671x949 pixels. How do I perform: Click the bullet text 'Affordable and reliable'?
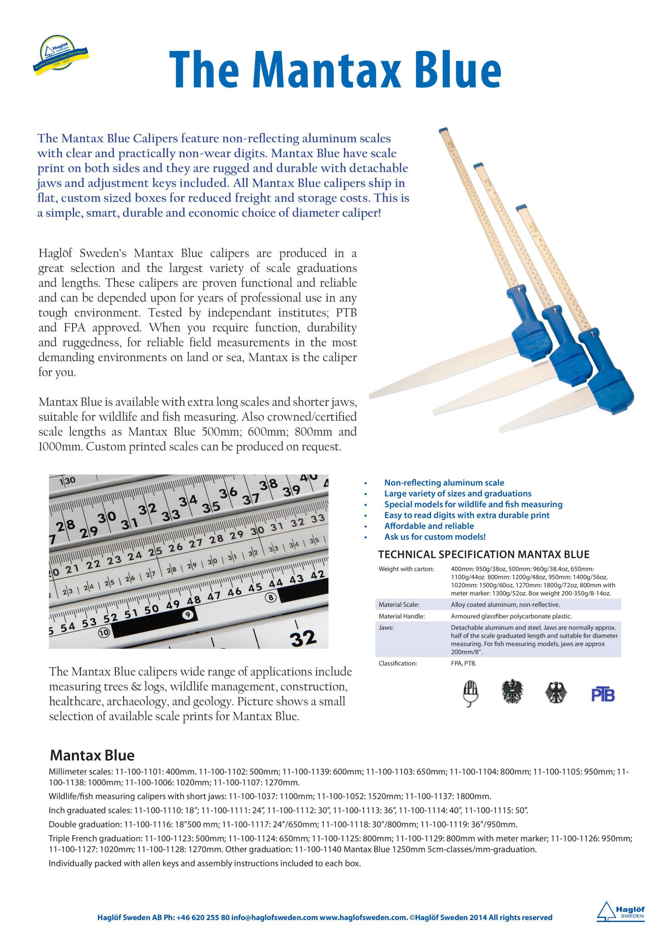[429, 526]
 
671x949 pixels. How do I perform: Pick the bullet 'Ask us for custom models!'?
[434, 536]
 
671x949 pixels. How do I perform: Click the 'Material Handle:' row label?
[402, 616]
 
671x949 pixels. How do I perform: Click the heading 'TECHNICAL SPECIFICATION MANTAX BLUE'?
[484, 554]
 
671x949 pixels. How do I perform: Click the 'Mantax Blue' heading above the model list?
[92, 755]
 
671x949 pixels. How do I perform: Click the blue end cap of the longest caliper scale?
[444, 131]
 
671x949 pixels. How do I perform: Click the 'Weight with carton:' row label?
[406, 569]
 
